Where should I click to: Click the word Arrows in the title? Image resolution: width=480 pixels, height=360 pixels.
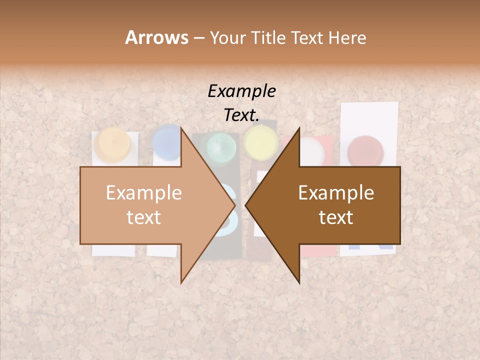156,37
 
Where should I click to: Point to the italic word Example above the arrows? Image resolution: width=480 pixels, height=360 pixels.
241,91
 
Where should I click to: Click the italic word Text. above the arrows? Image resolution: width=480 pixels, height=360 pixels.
241,115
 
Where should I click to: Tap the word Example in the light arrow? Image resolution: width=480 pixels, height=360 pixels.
144,193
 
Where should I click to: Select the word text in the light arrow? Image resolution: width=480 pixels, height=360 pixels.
144,217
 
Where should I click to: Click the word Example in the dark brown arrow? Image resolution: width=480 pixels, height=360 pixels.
336,193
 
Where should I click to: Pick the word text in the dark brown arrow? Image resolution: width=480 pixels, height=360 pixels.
336,217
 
